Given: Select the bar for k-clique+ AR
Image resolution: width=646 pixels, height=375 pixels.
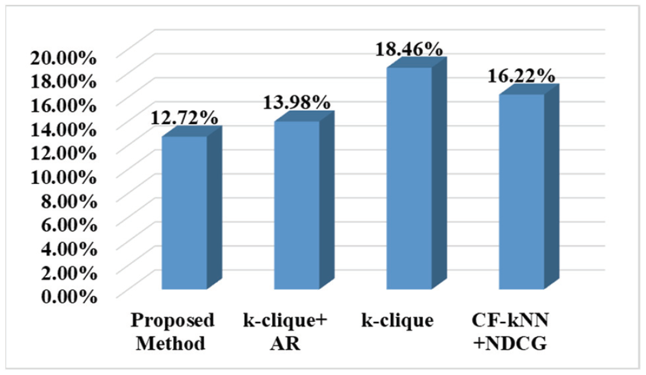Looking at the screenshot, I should (x=297, y=205).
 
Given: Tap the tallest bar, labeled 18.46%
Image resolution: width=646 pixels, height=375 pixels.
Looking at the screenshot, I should (x=409, y=178).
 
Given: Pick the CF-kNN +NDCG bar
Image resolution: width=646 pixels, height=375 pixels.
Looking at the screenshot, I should (x=521, y=191).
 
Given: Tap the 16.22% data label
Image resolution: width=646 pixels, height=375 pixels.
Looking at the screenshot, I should (x=521, y=75).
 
